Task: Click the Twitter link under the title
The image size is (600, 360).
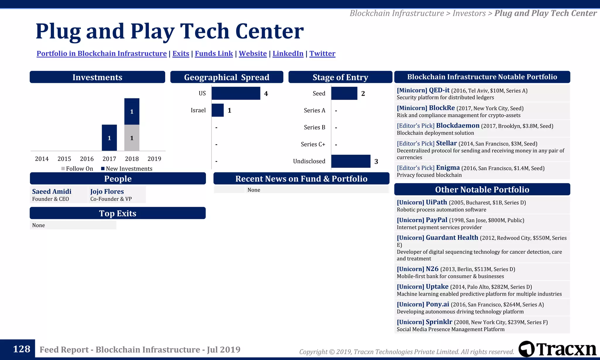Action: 322,54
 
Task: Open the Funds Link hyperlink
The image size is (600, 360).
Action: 214,54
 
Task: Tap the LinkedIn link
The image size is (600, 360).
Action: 288,54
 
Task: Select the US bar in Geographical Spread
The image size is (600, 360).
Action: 236,93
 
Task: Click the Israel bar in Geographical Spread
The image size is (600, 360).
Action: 217,110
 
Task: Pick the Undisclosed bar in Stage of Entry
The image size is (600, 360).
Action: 351,161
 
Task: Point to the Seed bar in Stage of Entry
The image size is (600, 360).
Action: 344,93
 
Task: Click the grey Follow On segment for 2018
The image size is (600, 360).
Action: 132,138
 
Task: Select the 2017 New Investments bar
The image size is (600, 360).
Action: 109,138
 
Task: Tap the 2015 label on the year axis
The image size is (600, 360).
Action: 64,159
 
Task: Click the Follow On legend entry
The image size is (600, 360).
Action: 77,169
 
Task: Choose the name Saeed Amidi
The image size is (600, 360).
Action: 52,192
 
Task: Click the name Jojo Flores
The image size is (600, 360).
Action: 107,192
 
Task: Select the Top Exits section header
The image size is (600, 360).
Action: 117,213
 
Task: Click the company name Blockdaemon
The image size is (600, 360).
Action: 458,126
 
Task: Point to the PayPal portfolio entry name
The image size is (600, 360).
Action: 436,220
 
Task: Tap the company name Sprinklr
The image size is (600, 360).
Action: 439,322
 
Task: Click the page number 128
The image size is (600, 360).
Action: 21,349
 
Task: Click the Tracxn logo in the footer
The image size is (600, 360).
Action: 557,349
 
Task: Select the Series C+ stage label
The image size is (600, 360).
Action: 313,144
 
